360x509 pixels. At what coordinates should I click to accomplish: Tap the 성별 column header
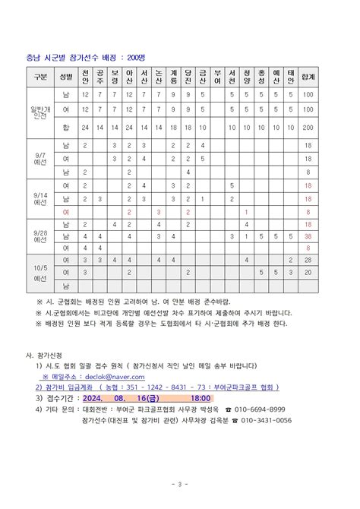pos(66,76)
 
